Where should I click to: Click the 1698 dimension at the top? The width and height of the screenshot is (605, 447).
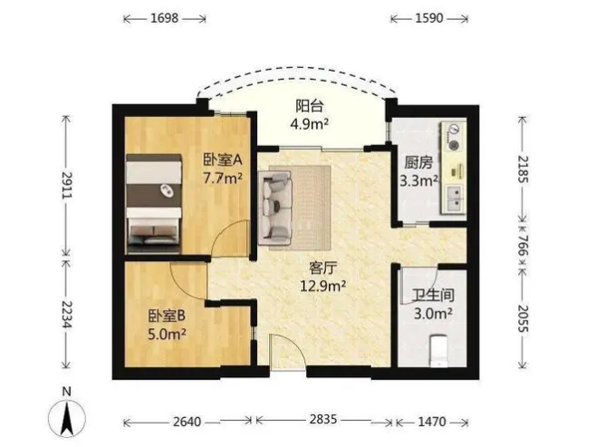[x=164, y=18]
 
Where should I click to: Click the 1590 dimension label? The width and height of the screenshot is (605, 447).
[x=429, y=18]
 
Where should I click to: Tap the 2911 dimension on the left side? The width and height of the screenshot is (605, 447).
[x=66, y=185]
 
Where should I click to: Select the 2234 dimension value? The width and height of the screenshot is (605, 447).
[x=66, y=314]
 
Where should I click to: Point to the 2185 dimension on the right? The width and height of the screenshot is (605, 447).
[x=523, y=170]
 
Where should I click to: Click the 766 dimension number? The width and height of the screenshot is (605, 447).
[x=523, y=246]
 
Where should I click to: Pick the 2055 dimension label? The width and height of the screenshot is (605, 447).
[x=523, y=318]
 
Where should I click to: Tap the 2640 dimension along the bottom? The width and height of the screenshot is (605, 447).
[x=187, y=422]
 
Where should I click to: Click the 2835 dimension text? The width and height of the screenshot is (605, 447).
[x=323, y=419]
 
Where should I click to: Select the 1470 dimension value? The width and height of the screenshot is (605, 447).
[x=432, y=422]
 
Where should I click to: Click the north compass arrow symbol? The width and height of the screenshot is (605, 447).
[x=67, y=418]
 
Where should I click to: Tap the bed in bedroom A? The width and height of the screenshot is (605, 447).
[x=154, y=203]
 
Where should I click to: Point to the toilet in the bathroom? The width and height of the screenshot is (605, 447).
[x=438, y=351]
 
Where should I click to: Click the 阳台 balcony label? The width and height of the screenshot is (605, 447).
[x=309, y=106]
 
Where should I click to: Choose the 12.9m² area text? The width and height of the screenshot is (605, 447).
[x=323, y=287]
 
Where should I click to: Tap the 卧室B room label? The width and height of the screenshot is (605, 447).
[x=167, y=316]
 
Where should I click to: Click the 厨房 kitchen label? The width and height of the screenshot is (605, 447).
[x=418, y=162]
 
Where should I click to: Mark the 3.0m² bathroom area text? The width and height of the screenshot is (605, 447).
[x=433, y=314]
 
